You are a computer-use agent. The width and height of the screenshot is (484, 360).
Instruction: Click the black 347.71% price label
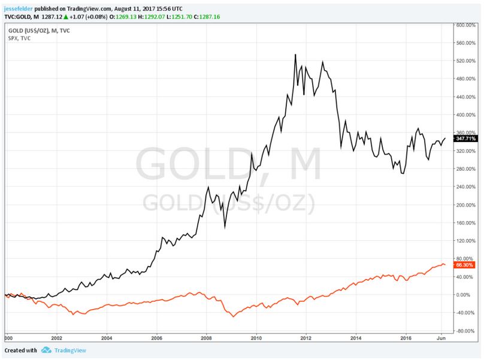(x=465, y=138)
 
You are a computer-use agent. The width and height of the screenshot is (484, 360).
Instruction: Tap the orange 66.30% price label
(x=465, y=265)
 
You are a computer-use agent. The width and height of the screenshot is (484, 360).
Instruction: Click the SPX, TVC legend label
(x=19, y=38)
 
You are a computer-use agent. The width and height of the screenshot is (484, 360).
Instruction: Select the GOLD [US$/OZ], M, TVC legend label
(x=39, y=30)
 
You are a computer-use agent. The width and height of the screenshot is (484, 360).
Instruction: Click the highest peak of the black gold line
(x=295, y=55)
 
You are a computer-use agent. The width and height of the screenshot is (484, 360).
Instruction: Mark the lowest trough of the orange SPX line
(x=233, y=316)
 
